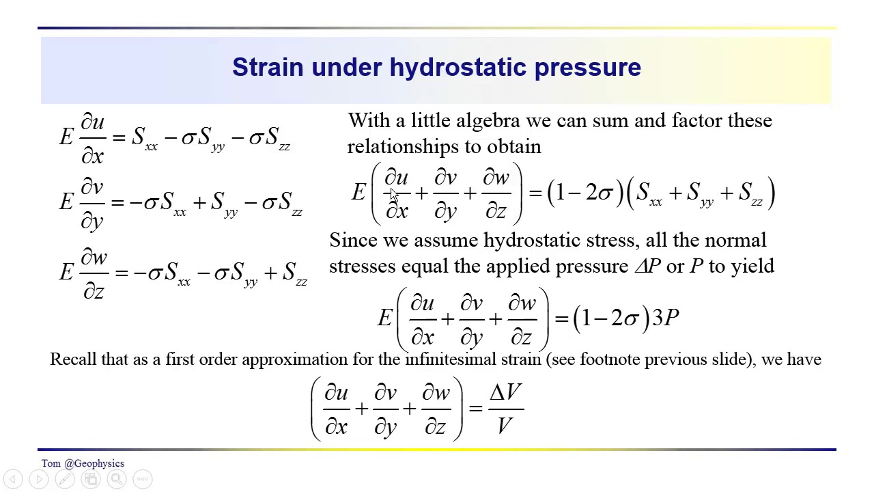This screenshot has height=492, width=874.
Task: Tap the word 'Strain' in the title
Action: pos(268,67)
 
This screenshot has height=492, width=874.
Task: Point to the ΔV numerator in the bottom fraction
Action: pos(505,393)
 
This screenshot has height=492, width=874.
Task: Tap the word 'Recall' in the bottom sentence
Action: pos(73,359)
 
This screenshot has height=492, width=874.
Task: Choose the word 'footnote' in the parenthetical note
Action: pos(610,359)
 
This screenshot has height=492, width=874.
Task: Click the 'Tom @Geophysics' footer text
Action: pos(83,463)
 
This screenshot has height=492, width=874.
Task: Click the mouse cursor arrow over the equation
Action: pos(394,197)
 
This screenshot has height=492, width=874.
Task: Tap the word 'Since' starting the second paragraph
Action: pos(353,241)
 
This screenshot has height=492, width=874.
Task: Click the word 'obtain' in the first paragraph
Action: pos(513,147)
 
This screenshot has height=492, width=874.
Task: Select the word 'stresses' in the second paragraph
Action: pos(363,266)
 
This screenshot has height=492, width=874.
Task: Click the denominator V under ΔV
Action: pos(505,427)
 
